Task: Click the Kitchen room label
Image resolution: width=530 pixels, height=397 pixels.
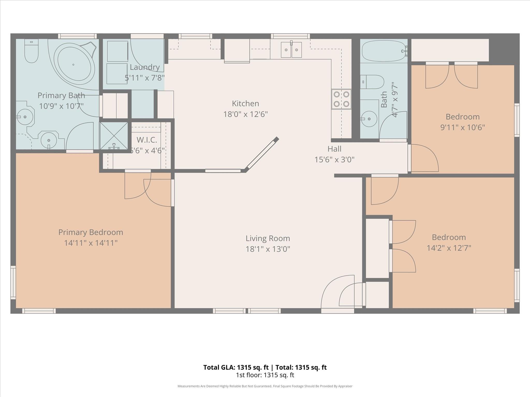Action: (245, 104)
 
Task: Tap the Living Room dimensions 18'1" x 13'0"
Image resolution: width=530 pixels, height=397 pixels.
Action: (268, 249)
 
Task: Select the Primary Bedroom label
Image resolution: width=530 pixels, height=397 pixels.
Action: (91, 232)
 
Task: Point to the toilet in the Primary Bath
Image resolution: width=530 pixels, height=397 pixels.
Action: (31, 51)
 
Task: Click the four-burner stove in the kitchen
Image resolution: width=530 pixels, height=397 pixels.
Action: (341, 99)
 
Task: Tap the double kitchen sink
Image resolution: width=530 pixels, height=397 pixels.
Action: (291, 50)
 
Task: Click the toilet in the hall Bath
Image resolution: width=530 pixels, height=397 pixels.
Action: (373, 82)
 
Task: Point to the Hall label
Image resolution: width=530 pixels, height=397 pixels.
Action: (334, 149)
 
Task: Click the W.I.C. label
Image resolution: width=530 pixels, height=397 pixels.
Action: (147, 140)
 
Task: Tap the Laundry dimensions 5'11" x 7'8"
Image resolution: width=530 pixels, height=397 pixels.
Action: (145, 78)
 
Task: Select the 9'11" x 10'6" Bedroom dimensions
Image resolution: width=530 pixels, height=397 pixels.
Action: (462, 127)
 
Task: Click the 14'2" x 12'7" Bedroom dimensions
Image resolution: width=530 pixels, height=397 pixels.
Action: (449, 248)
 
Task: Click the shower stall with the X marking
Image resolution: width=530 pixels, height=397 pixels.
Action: (114, 136)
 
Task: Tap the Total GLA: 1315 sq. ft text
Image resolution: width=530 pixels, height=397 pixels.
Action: (236, 367)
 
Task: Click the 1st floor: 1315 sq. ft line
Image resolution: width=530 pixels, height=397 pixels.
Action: (265, 375)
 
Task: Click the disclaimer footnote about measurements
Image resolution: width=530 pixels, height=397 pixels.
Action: (265, 386)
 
